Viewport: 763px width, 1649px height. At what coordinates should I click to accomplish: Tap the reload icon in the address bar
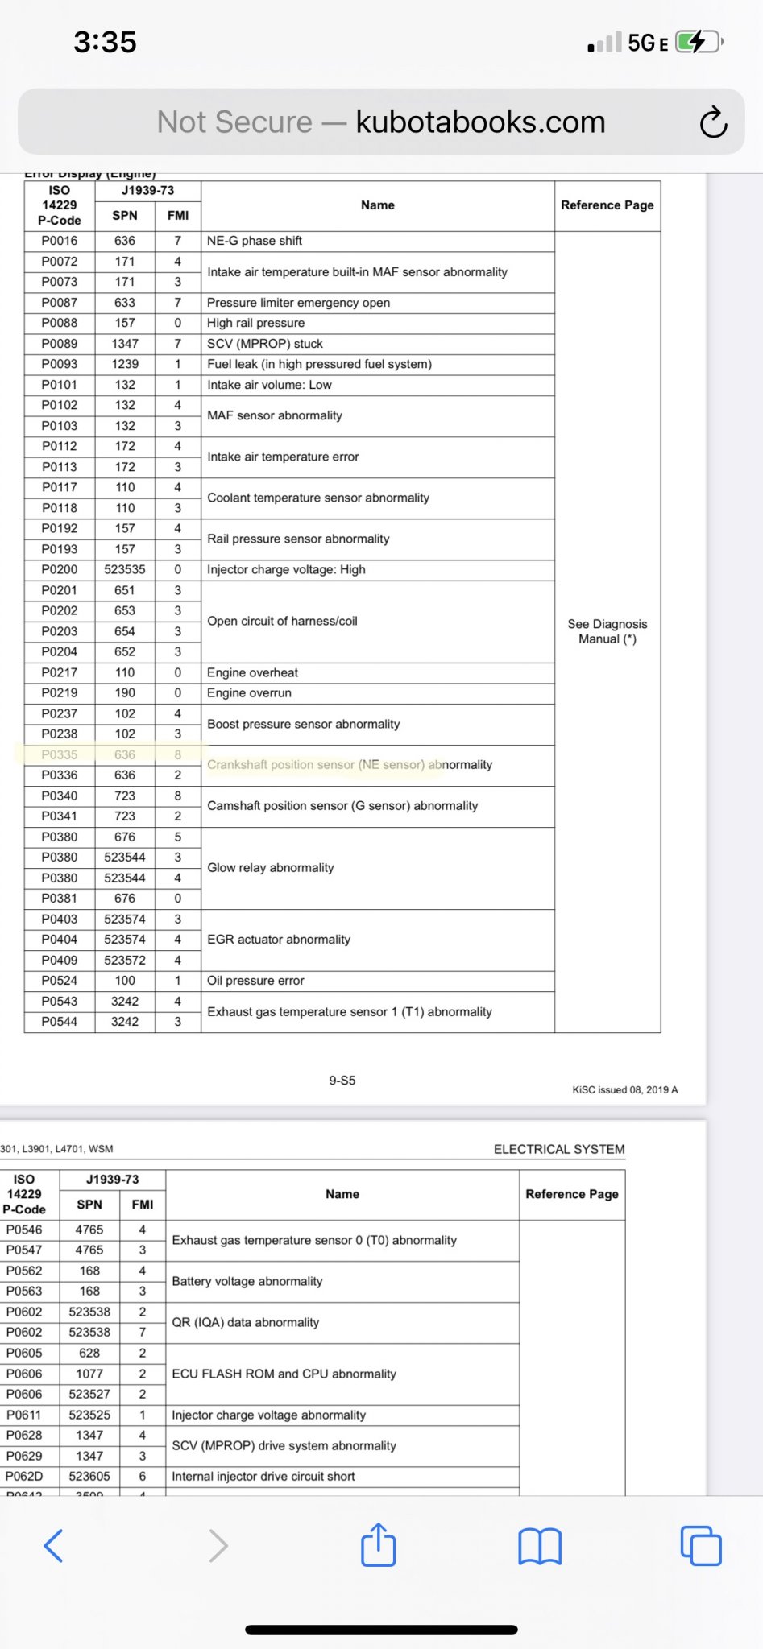[713, 122]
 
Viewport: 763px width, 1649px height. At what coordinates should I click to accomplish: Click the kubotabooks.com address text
[480, 122]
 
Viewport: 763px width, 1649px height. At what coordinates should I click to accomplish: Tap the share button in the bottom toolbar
[379, 1545]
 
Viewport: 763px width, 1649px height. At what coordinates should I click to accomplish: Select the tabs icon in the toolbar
[701, 1545]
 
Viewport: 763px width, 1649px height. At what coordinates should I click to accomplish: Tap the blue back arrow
[53, 1545]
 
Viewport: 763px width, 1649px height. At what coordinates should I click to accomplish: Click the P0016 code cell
[60, 241]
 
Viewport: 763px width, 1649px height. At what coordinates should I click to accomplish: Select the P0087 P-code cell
[60, 303]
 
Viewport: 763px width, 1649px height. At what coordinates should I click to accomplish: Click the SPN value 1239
[125, 364]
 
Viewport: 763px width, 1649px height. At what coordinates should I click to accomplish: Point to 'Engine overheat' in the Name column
[252, 672]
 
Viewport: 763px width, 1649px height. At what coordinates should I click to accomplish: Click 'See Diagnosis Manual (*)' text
[607, 631]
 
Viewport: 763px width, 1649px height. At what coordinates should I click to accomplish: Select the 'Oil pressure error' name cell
[255, 981]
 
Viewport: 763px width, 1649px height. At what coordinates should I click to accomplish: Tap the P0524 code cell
[60, 981]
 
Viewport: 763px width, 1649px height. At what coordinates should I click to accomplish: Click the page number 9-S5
[342, 1081]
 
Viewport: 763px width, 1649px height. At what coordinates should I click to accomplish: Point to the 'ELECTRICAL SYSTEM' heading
[559, 1149]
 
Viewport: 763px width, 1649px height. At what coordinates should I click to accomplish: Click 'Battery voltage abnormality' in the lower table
[247, 1281]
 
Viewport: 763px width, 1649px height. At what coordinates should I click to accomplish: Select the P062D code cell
[24, 1476]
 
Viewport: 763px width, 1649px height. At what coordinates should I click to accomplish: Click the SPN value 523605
[89, 1476]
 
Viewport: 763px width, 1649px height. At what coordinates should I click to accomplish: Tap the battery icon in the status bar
[698, 42]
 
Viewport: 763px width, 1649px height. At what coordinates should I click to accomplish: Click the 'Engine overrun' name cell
[249, 693]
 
